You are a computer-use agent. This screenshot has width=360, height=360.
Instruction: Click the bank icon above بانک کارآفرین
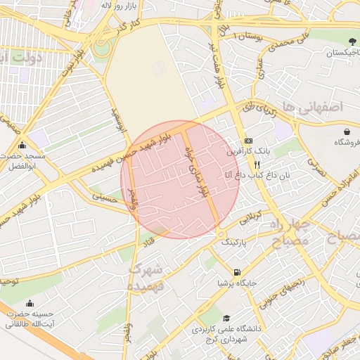248,141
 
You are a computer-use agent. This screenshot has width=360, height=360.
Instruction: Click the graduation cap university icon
226,318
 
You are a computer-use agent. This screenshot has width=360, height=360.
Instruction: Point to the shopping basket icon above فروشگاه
347,131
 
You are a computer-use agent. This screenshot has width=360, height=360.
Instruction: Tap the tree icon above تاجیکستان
332,41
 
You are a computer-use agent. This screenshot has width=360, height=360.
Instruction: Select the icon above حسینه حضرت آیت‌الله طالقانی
30,303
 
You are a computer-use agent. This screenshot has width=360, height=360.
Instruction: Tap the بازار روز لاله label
129,6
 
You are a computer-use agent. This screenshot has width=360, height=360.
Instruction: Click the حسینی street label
109,199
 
